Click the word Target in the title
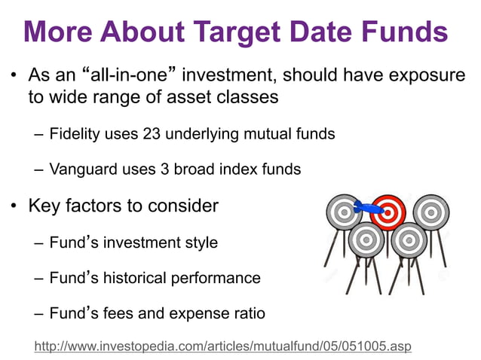point(237,32)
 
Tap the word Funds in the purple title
point(405,31)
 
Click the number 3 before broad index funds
point(164,169)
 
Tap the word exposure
point(427,76)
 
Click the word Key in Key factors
point(44,206)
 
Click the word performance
point(216,279)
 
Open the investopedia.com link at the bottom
point(222,346)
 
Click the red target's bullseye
point(388,212)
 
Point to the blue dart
point(368,207)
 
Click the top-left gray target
point(344,212)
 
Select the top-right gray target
point(431,212)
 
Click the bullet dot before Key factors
point(14,206)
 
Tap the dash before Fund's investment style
point(38,243)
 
